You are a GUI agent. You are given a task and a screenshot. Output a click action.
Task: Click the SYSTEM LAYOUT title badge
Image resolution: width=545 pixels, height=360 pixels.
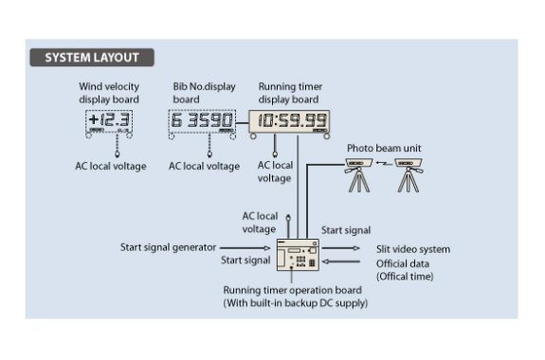(x=92, y=58)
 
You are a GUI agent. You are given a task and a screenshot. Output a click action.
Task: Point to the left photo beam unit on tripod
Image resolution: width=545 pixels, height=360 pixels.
(x=358, y=174)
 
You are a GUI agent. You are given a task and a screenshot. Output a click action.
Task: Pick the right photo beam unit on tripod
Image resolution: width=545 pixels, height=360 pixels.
(x=409, y=174)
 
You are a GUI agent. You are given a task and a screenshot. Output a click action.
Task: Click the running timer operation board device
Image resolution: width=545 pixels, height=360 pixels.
(x=298, y=255)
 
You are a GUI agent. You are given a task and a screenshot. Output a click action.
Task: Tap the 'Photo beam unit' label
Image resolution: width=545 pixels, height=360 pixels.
(x=384, y=149)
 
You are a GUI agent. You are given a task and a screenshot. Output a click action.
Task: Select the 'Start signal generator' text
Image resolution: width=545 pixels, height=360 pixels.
(x=168, y=247)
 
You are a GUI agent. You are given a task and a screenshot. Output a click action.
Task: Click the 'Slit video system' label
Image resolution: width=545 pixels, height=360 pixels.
(x=413, y=249)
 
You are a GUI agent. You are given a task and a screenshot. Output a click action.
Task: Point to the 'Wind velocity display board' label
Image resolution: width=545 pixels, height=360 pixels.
(x=109, y=93)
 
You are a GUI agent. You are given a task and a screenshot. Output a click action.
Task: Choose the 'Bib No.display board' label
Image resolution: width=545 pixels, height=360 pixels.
(x=204, y=93)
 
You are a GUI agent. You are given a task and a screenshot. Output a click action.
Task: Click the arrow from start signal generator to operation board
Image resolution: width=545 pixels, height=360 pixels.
(x=245, y=248)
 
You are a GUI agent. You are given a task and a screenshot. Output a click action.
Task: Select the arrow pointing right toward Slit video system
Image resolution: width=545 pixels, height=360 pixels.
(x=340, y=248)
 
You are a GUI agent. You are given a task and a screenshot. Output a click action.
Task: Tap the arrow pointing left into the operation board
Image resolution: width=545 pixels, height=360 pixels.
(x=340, y=261)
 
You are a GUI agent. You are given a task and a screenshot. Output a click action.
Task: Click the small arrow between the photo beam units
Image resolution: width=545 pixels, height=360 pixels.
(x=384, y=163)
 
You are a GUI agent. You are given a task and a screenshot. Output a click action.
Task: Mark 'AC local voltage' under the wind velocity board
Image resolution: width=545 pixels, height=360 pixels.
(x=111, y=166)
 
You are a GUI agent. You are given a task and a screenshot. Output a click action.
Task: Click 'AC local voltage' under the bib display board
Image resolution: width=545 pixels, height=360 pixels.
(x=204, y=166)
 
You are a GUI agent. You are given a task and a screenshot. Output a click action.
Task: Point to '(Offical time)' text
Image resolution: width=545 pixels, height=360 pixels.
(x=405, y=277)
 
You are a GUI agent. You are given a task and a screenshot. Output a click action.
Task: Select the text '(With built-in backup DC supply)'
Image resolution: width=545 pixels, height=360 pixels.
(x=295, y=303)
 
